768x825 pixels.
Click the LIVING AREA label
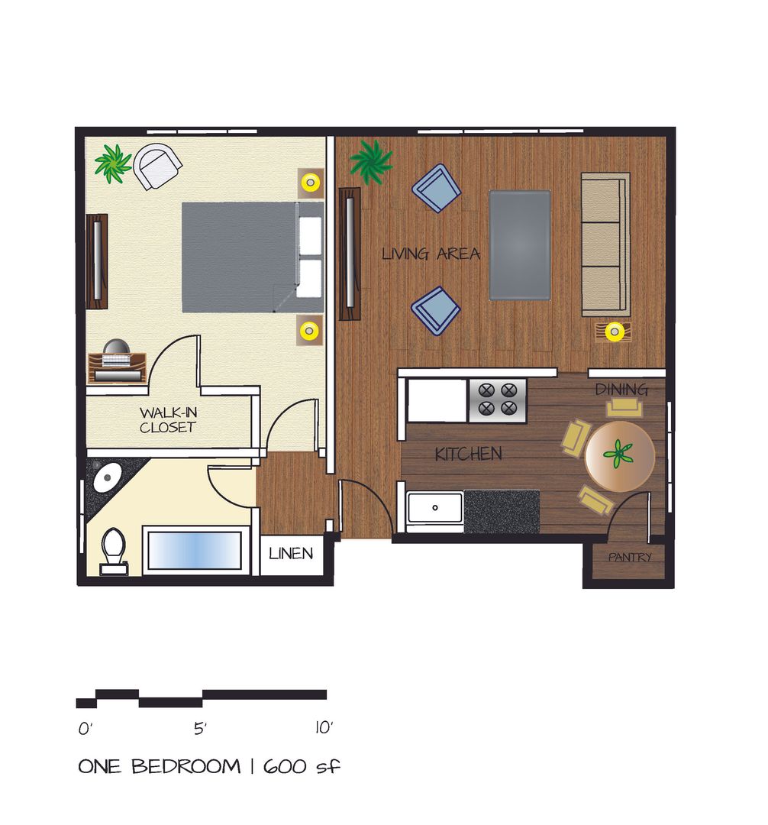tap(431, 254)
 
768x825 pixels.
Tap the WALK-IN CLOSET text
tap(167, 419)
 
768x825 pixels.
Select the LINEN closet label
tap(291, 553)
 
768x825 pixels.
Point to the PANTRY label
tap(630, 558)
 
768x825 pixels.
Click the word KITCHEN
tap(468, 455)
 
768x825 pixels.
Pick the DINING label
tap(621, 389)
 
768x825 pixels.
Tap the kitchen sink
tap(434, 507)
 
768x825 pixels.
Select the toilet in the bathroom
tap(113, 548)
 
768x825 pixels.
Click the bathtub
tap(195, 550)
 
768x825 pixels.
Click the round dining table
tap(619, 457)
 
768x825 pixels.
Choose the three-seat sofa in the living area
tap(605, 244)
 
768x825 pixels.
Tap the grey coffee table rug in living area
tap(519, 244)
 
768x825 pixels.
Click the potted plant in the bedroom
tap(113, 163)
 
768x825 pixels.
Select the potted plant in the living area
tap(371, 161)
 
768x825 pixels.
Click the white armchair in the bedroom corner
tap(158, 166)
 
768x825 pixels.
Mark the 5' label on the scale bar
tap(200, 729)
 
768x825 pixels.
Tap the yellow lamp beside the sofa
tap(615, 332)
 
